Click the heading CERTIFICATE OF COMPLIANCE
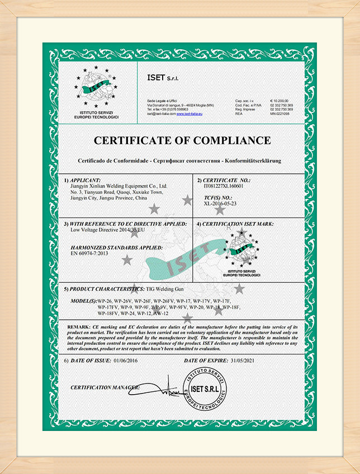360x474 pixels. tap(182, 140)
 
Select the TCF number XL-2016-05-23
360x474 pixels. tap(220, 204)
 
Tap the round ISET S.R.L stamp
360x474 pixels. tap(205, 389)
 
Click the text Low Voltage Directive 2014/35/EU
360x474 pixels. tap(107, 230)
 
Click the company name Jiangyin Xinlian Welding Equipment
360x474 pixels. tap(119, 186)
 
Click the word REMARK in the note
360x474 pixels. tap(79, 326)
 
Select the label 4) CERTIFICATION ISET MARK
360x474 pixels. tap(235, 224)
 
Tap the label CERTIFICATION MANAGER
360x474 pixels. tap(104, 387)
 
